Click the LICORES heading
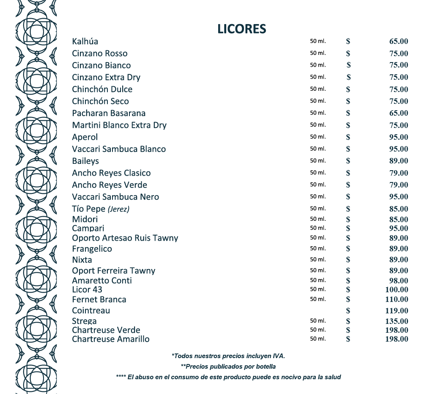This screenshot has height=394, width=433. (241, 29)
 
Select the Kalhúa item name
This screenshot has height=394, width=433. (85, 41)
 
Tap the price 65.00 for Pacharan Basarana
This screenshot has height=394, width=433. (398, 113)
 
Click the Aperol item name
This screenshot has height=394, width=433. (85, 137)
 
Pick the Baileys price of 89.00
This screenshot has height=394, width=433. (398, 161)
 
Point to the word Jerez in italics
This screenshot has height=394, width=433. (118, 209)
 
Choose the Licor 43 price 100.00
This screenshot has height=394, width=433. (397, 290)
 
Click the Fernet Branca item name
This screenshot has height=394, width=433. (99, 299)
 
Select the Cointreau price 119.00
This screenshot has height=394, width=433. (397, 311)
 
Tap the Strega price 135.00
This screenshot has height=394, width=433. (397, 321)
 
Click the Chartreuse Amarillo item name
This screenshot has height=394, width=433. (110, 339)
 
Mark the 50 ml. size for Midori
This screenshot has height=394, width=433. (318, 219)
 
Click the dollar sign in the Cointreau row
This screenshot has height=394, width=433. (348, 311)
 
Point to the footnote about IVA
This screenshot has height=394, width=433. (228, 356)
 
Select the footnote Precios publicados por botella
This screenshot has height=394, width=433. (228, 367)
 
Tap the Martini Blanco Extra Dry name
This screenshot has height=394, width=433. (119, 125)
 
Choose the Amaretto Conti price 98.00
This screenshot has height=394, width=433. (398, 281)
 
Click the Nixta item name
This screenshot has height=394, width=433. (82, 260)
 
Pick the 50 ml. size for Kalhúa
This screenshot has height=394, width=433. (318, 41)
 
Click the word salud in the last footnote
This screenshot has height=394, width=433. (332, 377)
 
